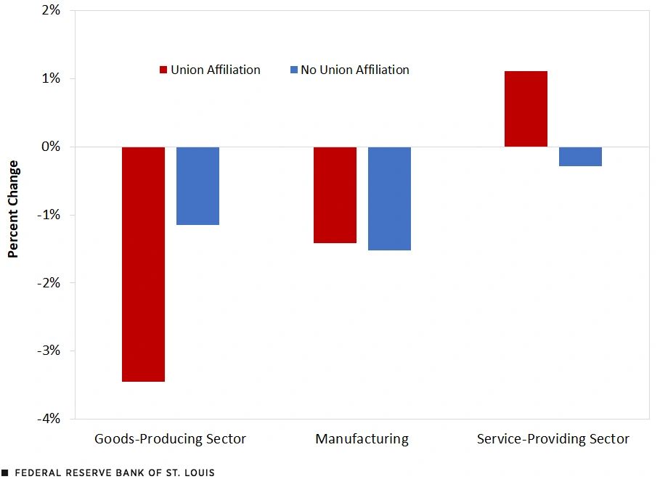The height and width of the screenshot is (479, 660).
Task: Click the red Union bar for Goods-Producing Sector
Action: point(143,264)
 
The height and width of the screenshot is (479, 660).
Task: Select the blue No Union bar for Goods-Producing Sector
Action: point(197,186)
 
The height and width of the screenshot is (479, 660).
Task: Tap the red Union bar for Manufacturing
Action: point(335,195)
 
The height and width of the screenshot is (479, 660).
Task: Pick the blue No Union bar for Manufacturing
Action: point(389,198)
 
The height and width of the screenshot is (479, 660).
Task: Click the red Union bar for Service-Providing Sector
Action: point(526,109)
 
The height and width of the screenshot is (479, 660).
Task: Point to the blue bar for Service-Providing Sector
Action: point(580,156)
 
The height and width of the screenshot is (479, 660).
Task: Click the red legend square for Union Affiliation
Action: point(163,70)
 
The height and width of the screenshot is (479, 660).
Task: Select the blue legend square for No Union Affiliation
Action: point(293,70)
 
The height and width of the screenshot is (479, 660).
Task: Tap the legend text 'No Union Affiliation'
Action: point(354,70)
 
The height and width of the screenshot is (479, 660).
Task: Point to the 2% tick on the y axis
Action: point(50,10)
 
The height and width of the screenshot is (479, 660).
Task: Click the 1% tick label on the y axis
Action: point(50,78)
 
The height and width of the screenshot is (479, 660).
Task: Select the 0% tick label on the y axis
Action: point(50,147)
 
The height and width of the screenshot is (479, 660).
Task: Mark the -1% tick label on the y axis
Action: point(48,215)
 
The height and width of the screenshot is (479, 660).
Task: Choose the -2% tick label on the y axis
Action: point(48,282)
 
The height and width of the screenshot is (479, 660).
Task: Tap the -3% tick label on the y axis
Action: point(48,351)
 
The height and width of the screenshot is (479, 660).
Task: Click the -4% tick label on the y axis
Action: point(48,419)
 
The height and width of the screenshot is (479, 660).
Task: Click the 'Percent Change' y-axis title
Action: point(13,209)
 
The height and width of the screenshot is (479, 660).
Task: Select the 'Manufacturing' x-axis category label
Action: point(362,439)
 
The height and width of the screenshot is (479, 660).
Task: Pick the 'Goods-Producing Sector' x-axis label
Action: point(170,439)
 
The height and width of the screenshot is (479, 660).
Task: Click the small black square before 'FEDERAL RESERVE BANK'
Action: point(5,472)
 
